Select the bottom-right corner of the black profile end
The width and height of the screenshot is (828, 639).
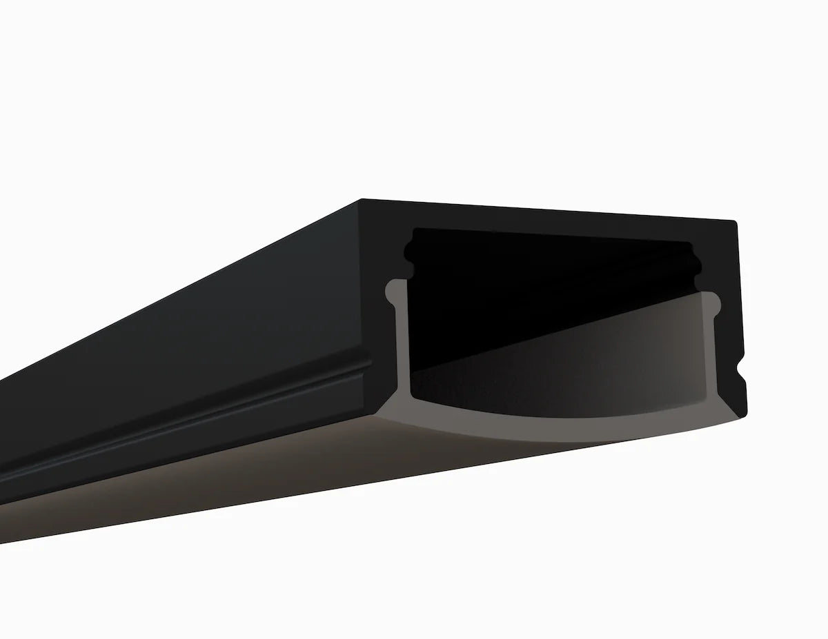(745, 416)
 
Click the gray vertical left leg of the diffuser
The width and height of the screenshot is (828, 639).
(401, 345)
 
